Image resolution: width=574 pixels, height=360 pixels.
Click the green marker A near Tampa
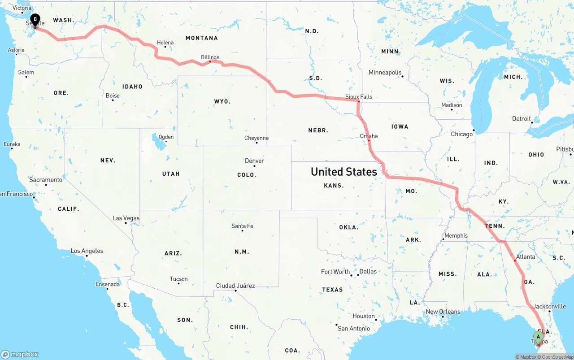tap(538, 337)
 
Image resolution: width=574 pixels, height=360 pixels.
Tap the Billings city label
tap(210, 57)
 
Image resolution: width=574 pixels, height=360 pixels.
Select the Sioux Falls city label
tap(359, 96)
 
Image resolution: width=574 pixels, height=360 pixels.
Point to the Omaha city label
tap(369, 136)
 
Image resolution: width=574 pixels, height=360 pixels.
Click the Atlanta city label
tap(525, 257)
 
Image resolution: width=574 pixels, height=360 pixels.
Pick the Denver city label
tap(254, 161)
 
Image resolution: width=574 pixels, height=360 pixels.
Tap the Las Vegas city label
tap(126, 218)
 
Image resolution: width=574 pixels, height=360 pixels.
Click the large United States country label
tap(344, 172)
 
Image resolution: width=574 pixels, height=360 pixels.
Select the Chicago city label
tap(461, 134)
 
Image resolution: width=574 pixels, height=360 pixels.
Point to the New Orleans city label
tap(443, 312)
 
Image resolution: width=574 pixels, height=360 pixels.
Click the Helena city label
tap(165, 43)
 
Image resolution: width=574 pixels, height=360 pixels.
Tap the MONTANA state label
tap(202, 38)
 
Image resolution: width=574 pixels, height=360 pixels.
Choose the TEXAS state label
tap(332, 290)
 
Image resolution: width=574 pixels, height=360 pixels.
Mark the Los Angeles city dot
tap(86, 256)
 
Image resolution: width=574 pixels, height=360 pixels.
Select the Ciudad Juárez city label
tap(235, 286)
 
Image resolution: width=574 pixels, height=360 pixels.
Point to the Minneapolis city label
tap(385, 72)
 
